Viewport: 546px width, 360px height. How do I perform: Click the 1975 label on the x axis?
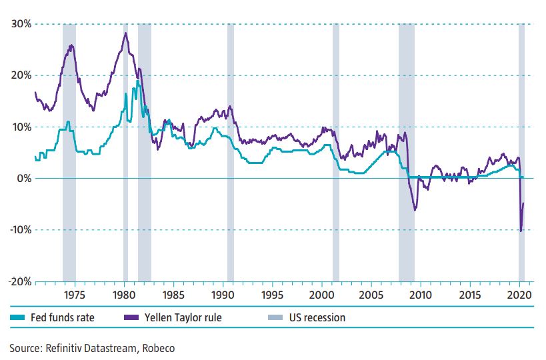(x=75, y=294)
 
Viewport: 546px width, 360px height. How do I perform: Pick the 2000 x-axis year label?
(x=322, y=294)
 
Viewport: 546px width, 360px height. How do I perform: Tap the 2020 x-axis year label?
(x=519, y=294)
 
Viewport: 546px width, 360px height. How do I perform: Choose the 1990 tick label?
(x=223, y=294)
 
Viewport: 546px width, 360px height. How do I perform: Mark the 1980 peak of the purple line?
(x=125, y=33)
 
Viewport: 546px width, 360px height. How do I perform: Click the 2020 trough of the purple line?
(x=520, y=231)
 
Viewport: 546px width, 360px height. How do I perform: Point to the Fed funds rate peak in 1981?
(x=138, y=81)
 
